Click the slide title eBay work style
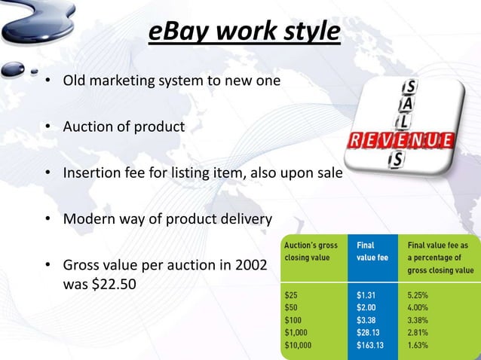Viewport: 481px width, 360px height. [x=243, y=32]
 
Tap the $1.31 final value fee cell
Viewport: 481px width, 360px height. [x=368, y=296]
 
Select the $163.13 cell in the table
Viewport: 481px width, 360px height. [x=374, y=346]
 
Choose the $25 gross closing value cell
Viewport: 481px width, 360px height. [x=290, y=296]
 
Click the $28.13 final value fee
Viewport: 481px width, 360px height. [x=371, y=333]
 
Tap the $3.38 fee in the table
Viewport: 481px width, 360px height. [x=368, y=321]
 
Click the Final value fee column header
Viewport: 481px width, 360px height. [x=373, y=251]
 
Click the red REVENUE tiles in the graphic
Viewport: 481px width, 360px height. [x=400, y=141]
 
